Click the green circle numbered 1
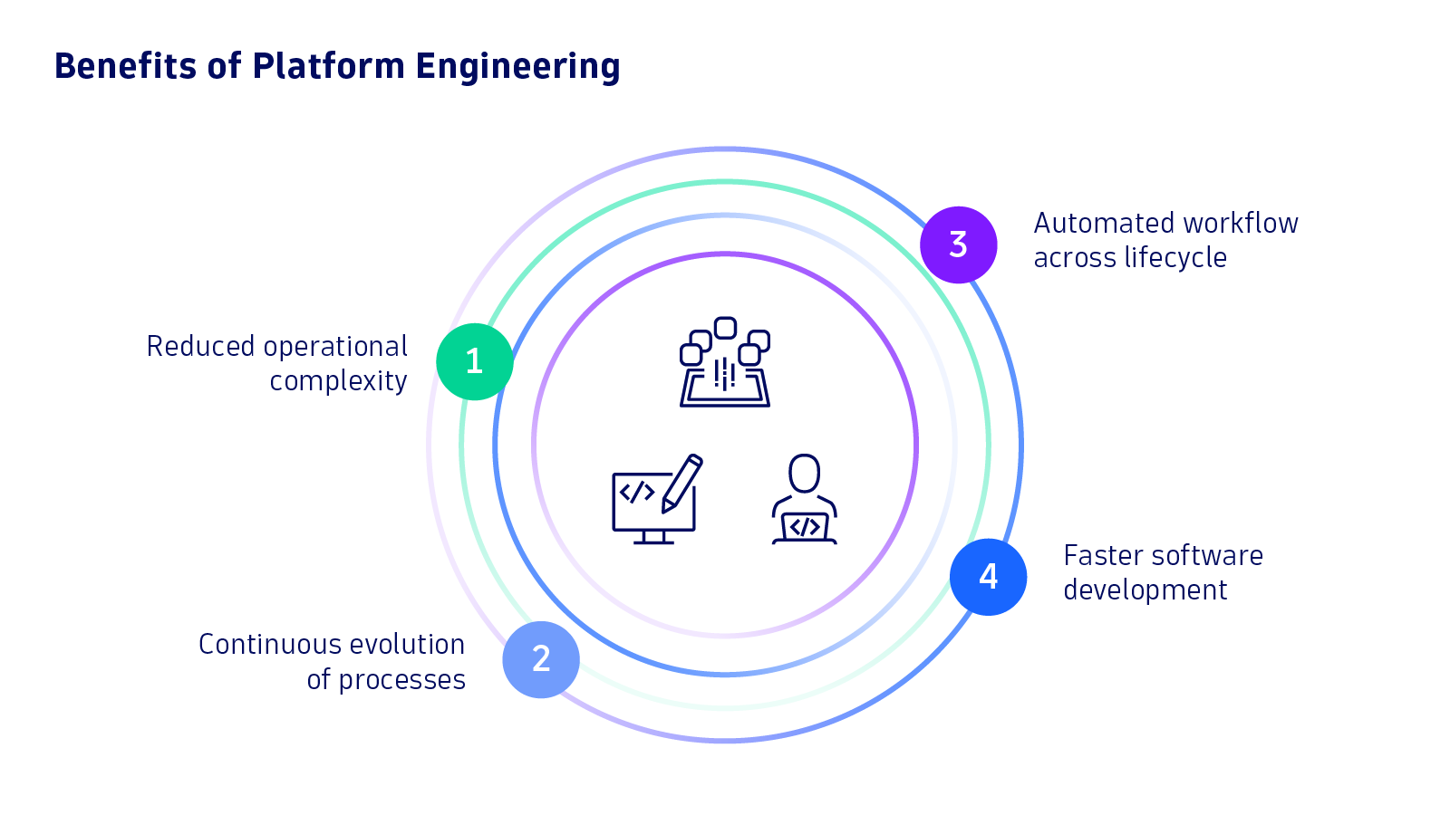(474, 361)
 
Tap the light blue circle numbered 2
(541, 659)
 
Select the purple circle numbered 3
(958, 244)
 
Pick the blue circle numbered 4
(988, 577)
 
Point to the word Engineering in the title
(517, 67)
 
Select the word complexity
(338, 381)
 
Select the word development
(1145, 590)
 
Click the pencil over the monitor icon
(682, 482)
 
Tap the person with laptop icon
(804, 500)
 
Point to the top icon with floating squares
(725, 362)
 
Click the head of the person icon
(804, 473)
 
